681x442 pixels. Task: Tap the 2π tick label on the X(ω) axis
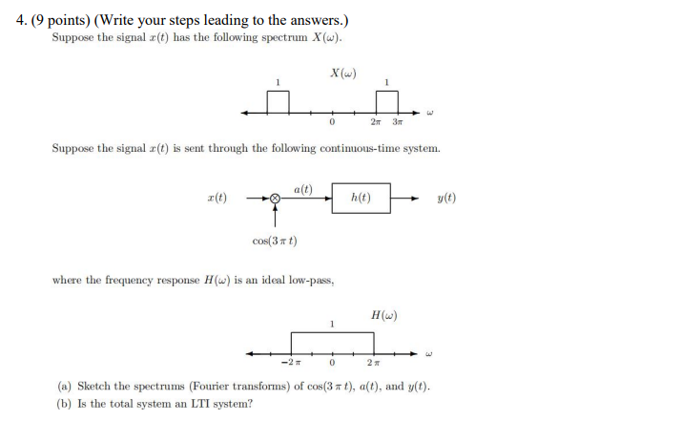coord(376,121)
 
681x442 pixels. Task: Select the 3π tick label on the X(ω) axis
coord(397,121)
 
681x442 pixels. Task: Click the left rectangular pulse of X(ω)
coord(278,101)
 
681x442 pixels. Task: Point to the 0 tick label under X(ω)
coord(331,121)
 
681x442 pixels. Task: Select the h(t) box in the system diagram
coord(361,198)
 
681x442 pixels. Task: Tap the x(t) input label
coord(217,198)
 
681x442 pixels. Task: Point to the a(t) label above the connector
coord(304,188)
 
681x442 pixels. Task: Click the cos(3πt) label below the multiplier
coord(275,240)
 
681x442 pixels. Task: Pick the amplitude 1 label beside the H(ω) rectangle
coord(331,325)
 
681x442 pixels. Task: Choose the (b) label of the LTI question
coord(65,404)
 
